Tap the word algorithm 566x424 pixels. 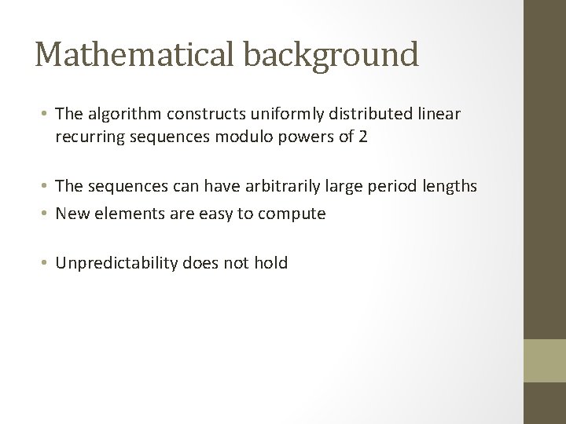pos(116,115)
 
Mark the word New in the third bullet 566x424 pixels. pos(71,213)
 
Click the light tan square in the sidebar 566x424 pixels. pos(545,361)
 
